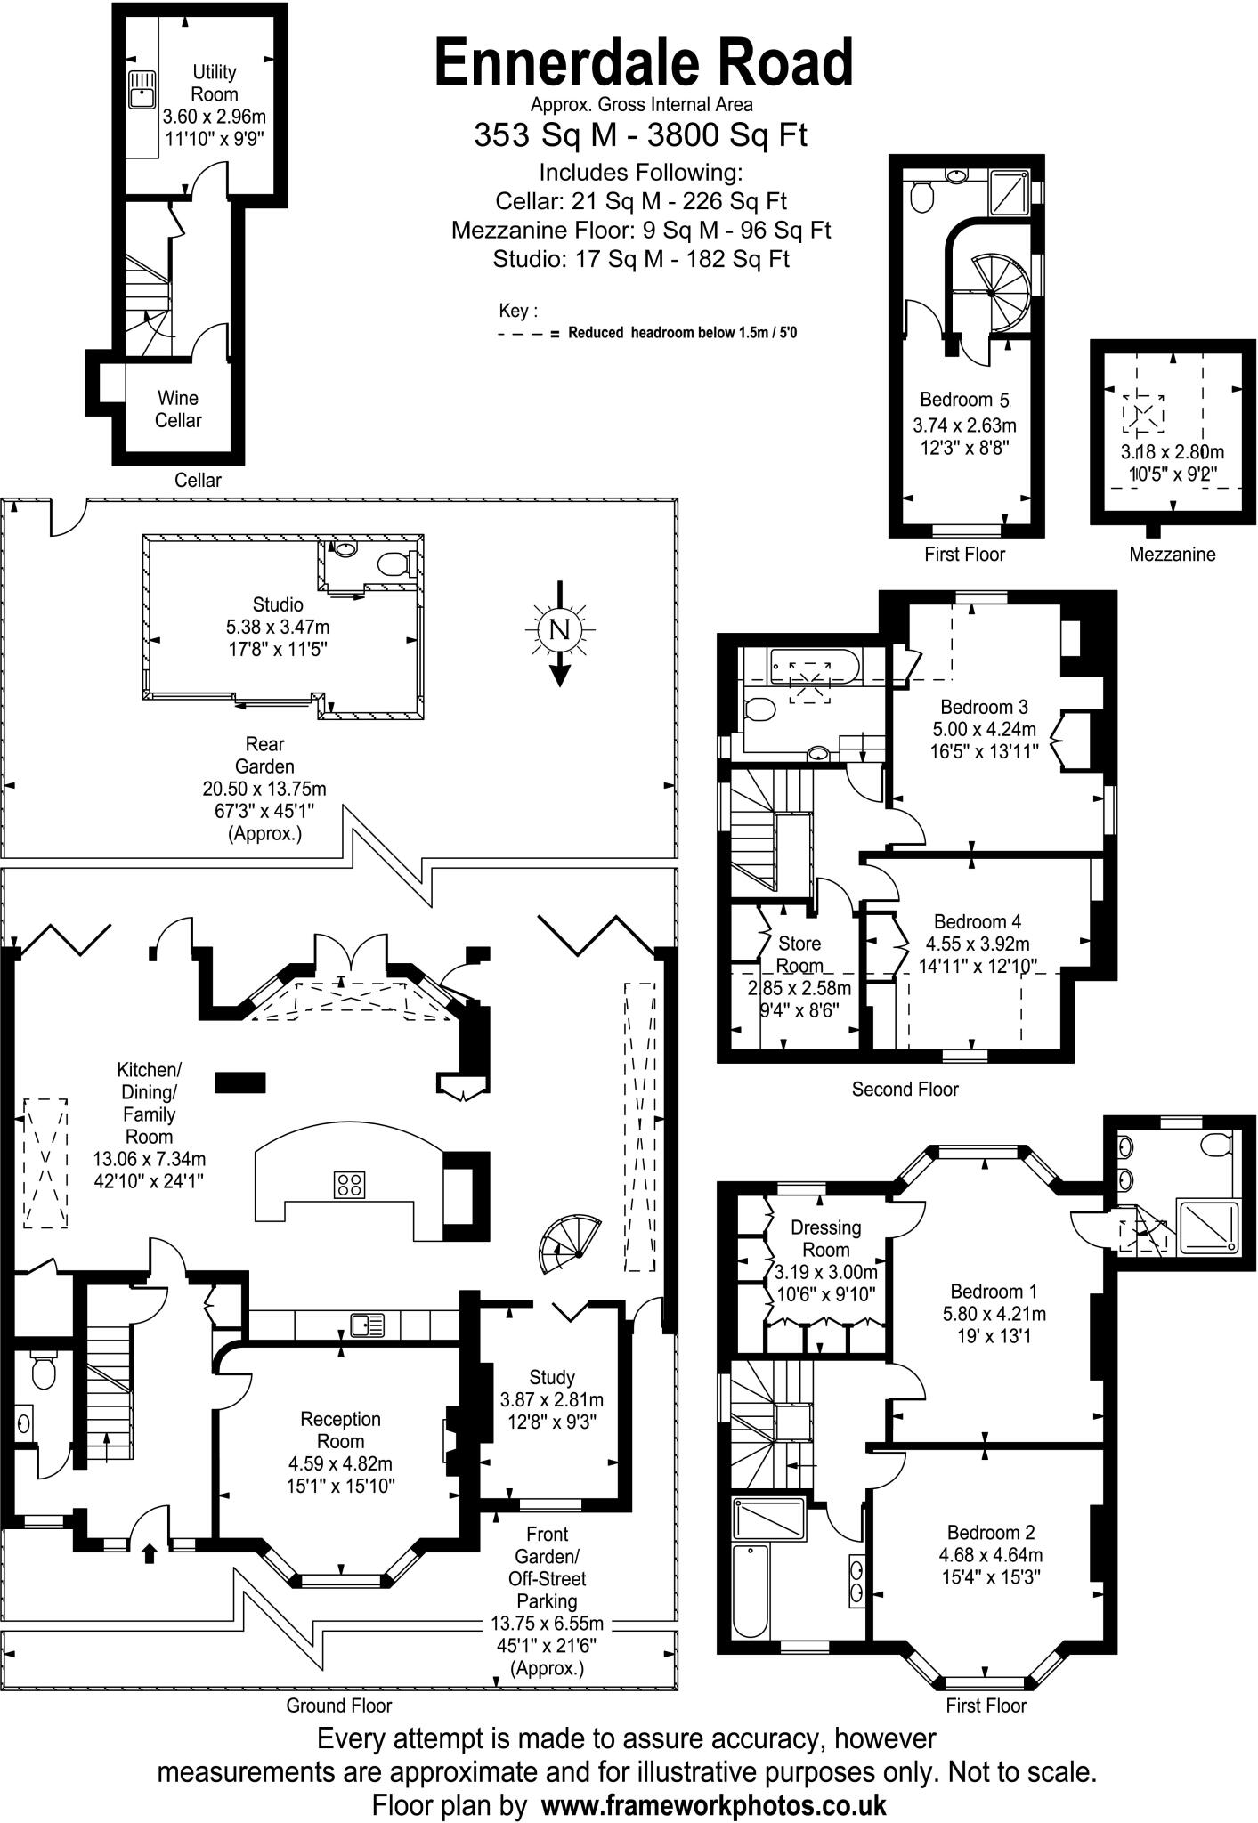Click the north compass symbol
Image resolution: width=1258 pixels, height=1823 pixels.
pos(559,630)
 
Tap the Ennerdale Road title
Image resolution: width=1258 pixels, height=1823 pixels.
pos(644,64)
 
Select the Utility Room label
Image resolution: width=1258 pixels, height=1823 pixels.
pos(215,83)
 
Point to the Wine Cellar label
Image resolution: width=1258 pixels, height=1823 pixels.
pos(178,409)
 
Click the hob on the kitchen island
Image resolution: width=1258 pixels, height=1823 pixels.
pos(349,1184)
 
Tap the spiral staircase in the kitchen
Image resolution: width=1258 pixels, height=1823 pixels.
pos(564,1245)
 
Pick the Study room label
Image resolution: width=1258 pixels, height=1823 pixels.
pos(551,1377)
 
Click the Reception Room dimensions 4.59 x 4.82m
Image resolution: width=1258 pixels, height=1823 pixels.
pos(340,1463)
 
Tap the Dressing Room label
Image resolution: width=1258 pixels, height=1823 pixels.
pos(825,1238)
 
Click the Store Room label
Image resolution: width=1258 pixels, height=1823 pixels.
pos(799,954)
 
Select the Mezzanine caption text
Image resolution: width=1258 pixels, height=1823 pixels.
pos(1172,555)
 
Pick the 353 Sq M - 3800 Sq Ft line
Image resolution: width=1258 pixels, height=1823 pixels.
pos(640,135)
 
